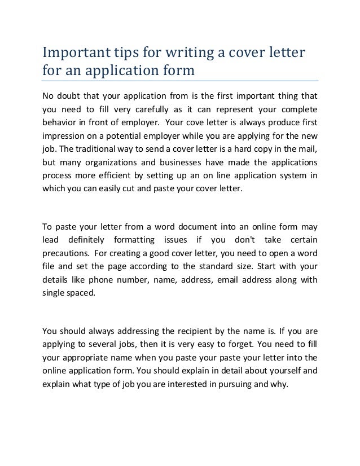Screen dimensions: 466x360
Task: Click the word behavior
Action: tap(61, 122)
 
